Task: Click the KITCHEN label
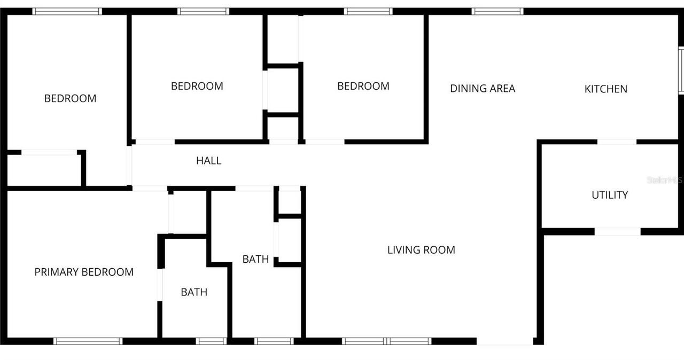tap(605, 89)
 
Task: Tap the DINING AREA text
tap(483, 89)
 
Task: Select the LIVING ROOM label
tap(421, 249)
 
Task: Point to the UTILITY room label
tap(609, 195)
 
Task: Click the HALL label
tap(208, 160)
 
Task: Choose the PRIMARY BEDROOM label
tap(84, 272)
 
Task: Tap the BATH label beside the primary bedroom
tap(194, 292)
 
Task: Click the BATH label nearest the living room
tap(255, 259)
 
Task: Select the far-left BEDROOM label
tap(70, 98)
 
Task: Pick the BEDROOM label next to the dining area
tap(363, 86)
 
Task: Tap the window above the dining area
tap(497, 11)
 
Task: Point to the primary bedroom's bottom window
tap(88, 341)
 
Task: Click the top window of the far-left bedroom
tap(67, 11)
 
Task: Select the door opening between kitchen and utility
tap(617, 142)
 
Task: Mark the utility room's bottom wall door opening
tap(617, 231)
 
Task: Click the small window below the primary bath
tap(211, 341)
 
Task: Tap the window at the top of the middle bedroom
tap(203, 11)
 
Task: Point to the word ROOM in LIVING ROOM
tap(438, 249)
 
